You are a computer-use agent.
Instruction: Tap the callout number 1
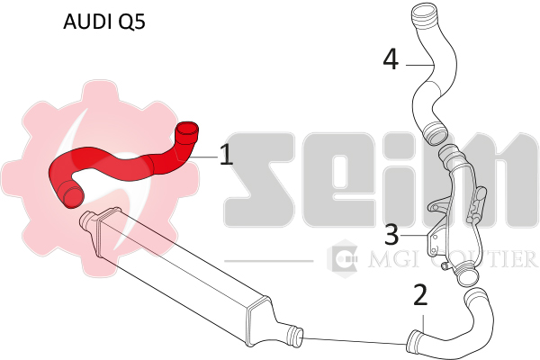(226, 155)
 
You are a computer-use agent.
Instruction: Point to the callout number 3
(391, 235)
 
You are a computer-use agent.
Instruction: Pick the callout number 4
(391, 60)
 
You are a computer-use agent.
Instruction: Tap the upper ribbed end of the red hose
(186, 135)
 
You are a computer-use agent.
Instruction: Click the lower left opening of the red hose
(66, 192)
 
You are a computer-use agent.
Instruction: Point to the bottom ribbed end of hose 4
(436, 134)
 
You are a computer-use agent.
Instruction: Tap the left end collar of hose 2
(415, 341)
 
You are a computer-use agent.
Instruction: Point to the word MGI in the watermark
(387, 260)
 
